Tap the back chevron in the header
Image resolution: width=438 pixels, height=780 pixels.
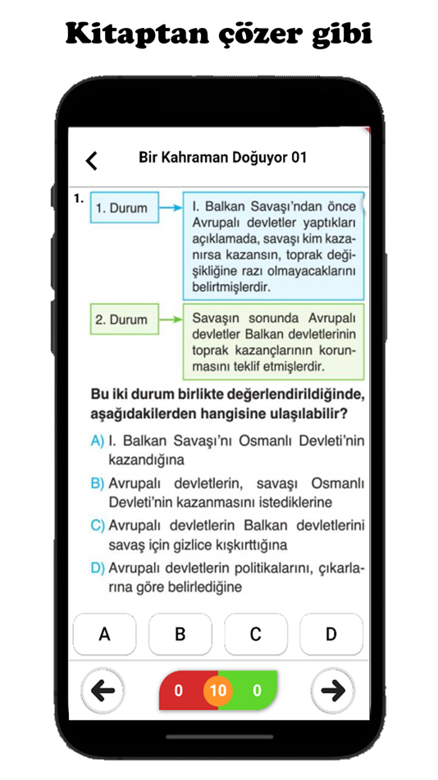pyautogui.click(x=92, y=161)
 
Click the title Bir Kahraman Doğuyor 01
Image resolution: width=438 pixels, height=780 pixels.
pyautogui.click(x=223, y=158)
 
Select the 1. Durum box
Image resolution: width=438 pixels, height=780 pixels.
pyautogui.click(x=122, y=209)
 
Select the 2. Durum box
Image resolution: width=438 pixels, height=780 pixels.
pyautogui.click(x=122, y=320)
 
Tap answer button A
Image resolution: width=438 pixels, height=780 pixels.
pyautogui.click(x=104, y=634)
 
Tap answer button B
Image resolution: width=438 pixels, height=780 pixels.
pyautogui.click(x=180, y=634)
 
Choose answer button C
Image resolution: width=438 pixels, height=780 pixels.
pyautogui.click(x=256, y=634)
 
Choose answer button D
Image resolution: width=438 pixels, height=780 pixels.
pyautogui.click(x=331, y=634)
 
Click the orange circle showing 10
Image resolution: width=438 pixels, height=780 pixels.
pyautogui.click(x=217, y=691)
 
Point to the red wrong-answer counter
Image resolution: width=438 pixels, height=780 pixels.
pyautogui.click(x=179, y=691)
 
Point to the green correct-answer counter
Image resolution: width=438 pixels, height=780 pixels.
pyautogui.click(x=257, y=691)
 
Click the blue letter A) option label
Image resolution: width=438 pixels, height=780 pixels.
pyautogui.click(x=97, y=441)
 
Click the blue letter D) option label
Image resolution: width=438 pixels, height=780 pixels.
pyautogui.click(x=97, y=567)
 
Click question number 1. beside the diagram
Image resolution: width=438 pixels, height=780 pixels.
pyautogui.click(x=79, y=198)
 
